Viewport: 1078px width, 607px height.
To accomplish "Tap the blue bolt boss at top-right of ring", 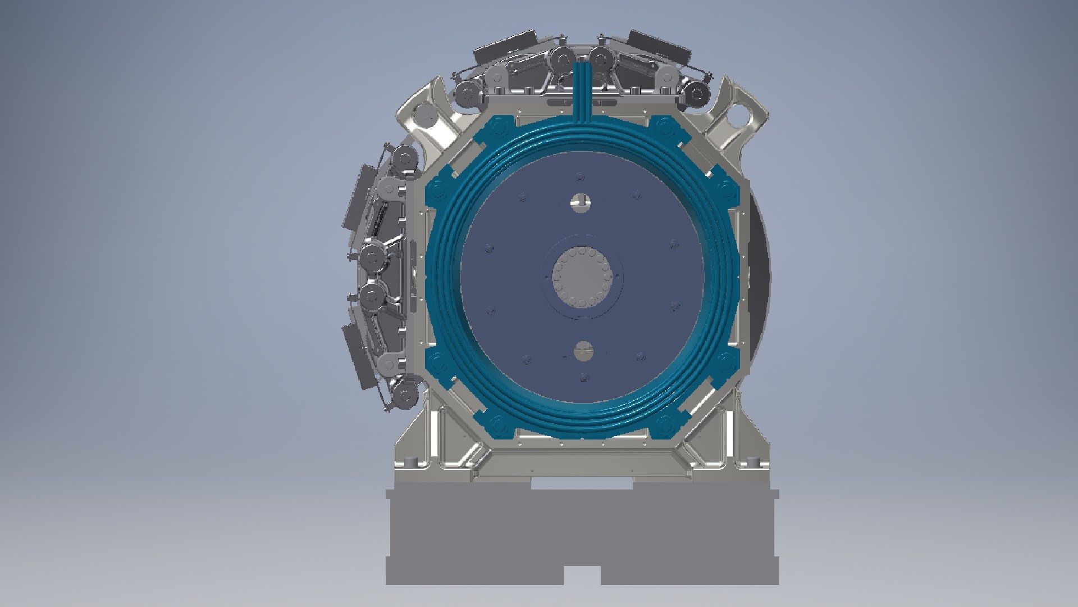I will pyautogui.click(x=666, y=124).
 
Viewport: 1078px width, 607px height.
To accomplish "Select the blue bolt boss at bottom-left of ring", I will pyautogui.click(x=497, y=422).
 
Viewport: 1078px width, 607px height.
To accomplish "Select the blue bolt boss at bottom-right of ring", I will pyautogui.click(x=665, y=422).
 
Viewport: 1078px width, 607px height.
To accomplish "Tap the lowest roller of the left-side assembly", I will pyautogui.click(x=404, y=393).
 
